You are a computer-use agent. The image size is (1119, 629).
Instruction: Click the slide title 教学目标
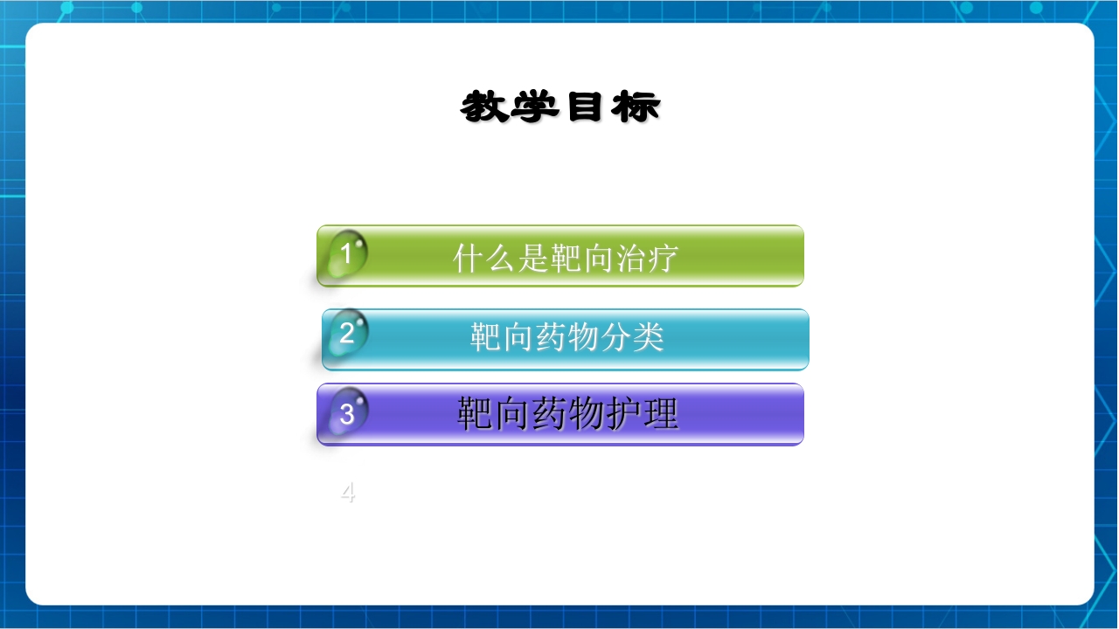(560, 107)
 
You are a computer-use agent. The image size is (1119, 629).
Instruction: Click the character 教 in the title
(485, 107)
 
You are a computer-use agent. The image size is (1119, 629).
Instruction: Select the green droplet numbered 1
(346, 254)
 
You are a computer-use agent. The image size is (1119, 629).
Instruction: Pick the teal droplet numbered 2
(347, 333)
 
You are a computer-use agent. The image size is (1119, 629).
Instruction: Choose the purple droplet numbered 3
(347, 413)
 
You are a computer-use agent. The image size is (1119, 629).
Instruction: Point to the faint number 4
(348, 494)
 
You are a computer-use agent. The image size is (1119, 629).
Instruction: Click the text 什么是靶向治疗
(566, 258)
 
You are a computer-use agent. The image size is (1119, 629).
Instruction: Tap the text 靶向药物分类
(567, 337)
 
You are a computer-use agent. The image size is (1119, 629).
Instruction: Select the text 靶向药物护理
(567, 414)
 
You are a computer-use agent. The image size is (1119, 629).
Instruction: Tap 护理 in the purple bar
(650, 414)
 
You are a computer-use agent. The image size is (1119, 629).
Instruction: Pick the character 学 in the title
(535, 107)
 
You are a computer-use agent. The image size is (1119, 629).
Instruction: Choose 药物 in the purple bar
(567, 414)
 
